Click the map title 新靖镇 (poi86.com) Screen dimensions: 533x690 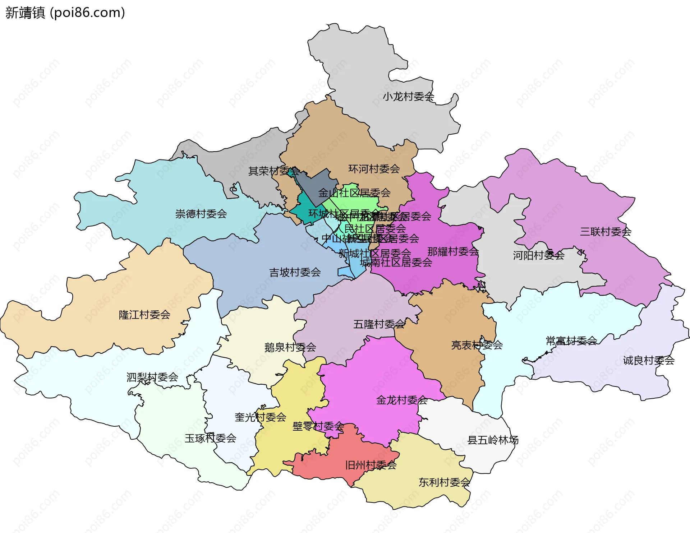(65, 13)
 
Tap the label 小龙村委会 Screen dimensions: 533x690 (408, 96)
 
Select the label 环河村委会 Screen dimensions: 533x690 (374, 168)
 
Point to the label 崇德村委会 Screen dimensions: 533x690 (201, 214)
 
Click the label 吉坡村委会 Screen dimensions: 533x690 (295, 272)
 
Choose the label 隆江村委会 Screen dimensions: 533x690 (144, 315)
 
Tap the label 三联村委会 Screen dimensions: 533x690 (606, 232)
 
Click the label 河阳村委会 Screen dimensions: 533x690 (538, 255)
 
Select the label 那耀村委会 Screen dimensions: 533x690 (453, 251)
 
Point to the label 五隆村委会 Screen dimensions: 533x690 (379, 324)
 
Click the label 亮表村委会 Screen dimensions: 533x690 (477, 345)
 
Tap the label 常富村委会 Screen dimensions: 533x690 (571, 340)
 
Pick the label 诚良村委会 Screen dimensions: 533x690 (649, 360)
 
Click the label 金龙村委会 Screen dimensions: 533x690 (402, 400)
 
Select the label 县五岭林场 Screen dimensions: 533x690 (493, 440)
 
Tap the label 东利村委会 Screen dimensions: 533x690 (444, 482)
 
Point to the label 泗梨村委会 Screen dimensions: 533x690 (152, 377)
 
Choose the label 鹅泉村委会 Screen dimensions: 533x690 (290, 347)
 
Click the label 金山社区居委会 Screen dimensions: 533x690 (354, 193)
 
